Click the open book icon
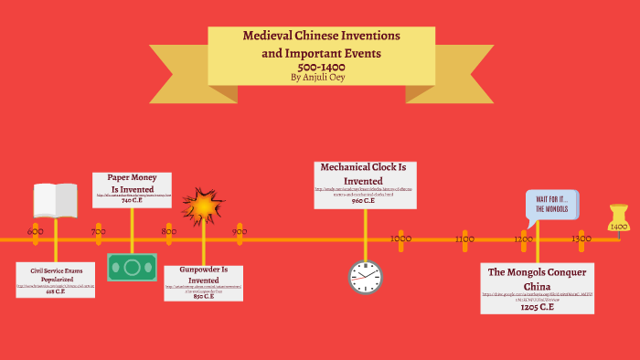click(56, 200)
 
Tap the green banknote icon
click(132, 267)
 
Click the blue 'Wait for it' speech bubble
click(551, 206)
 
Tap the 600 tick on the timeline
click(36, 232)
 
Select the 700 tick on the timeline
click(98, 232)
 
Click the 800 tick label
click(168, 232)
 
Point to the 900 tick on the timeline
click(240, 232)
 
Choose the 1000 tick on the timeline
click(400, 238)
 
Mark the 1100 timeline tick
click(464, 238)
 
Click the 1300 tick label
click(581, 238)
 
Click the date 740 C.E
click(132, 200)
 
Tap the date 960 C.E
click(363, 200)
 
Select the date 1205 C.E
click(538, 307)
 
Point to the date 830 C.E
click(204, 296)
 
